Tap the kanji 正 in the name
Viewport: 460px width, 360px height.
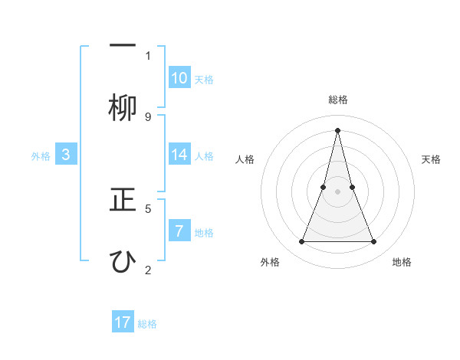coord(123,201)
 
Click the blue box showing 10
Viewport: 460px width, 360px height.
coord(179,78)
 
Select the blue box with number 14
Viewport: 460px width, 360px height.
coord(179,155)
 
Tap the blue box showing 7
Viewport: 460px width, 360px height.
coord(179,231)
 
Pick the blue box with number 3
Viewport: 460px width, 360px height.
coord(66,155)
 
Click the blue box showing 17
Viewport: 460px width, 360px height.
coord(123,322)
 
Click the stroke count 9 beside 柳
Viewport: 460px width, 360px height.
coord(148,116)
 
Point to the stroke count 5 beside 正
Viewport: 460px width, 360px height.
coord(148,208)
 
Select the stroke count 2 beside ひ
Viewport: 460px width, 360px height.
coord(148,269)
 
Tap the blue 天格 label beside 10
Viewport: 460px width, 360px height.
coord(203,80)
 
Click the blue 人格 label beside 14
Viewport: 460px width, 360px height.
coord(203,156)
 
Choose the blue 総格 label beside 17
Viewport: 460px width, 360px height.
coord(147,324)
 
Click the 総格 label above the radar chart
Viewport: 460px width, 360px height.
coord(337,100)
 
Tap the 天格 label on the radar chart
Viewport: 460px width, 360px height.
coord(432,159)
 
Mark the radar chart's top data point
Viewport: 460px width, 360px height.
coord(337,129)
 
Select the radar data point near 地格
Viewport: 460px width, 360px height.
coord(374,242)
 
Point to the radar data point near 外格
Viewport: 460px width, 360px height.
coord(301,242)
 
